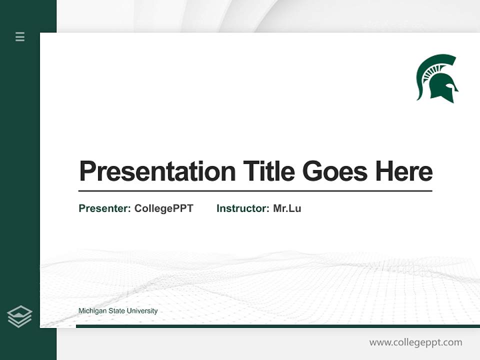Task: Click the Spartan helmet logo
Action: click(x=437, y=78)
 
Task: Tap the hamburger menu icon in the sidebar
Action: click(x=20, y=36)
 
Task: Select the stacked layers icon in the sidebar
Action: click(x=20, y=316)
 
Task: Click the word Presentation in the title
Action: click(x=157, y=171)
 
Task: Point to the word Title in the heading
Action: click(x=268, y=171)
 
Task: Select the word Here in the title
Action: click(x=404, y=171)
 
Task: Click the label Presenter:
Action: click(x=105, y=208)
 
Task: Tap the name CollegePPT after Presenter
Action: click(x=163, y=208)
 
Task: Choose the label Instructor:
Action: click(x=243, y=208)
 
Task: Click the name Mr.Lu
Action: click(x=287, y=208)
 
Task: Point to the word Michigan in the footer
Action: click(x=92, y=311)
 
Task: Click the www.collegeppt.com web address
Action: click(x=415, y=342)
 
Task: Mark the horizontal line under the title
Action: click(x=255, y=191)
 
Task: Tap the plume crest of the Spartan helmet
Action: click(x=432, y=65)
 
